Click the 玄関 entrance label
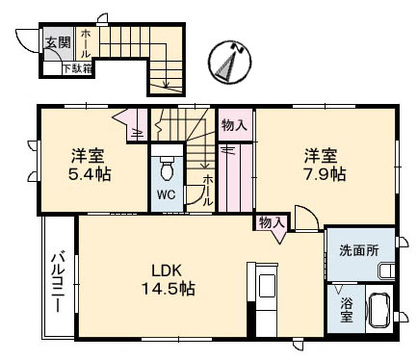(58, 42)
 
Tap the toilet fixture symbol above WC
(167, 169)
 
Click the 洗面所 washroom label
(359, 250)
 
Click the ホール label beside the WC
(207, 192)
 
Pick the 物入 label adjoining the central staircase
(233, 124)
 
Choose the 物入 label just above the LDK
(271, 223)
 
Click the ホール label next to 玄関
(86, 42)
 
